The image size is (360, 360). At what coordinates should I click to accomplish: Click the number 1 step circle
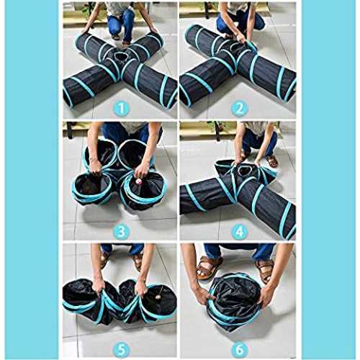122,109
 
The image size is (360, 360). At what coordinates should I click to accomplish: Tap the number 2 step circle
239,109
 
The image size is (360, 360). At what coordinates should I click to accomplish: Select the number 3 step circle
122,231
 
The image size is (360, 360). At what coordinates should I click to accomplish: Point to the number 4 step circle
239,231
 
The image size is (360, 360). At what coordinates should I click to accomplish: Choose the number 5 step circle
122,350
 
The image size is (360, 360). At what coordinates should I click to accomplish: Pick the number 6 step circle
239,350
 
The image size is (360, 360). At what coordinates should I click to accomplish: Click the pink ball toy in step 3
138,181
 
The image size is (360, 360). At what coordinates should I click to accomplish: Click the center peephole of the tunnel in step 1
120,57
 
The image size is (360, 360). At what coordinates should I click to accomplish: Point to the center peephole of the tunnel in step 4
243,170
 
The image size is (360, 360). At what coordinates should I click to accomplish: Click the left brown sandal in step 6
207,267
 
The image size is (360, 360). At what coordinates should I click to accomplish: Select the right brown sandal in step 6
265,271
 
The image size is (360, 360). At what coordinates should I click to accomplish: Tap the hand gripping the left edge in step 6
202,294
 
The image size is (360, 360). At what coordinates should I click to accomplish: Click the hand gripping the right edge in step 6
266,297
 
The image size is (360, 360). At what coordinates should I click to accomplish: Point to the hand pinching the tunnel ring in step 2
240,37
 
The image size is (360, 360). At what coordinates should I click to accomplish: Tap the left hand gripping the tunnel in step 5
99,287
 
